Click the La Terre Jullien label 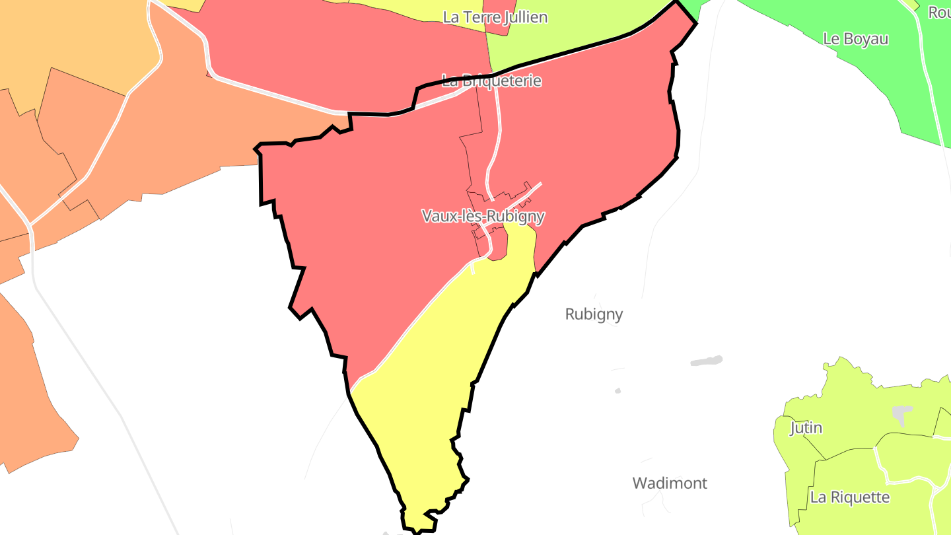(495, 17)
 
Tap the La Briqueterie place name (491, 81)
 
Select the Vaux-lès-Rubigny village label (483, 216)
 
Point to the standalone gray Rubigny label (594, 314)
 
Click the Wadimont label (670, 483)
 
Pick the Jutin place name (806, 428)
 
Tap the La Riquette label (850, 497)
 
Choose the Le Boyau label (855, 38)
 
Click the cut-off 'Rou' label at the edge (939, 12)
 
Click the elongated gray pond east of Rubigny (706, 361)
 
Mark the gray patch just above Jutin (901, 414)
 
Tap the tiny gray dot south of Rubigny (617, 390)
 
